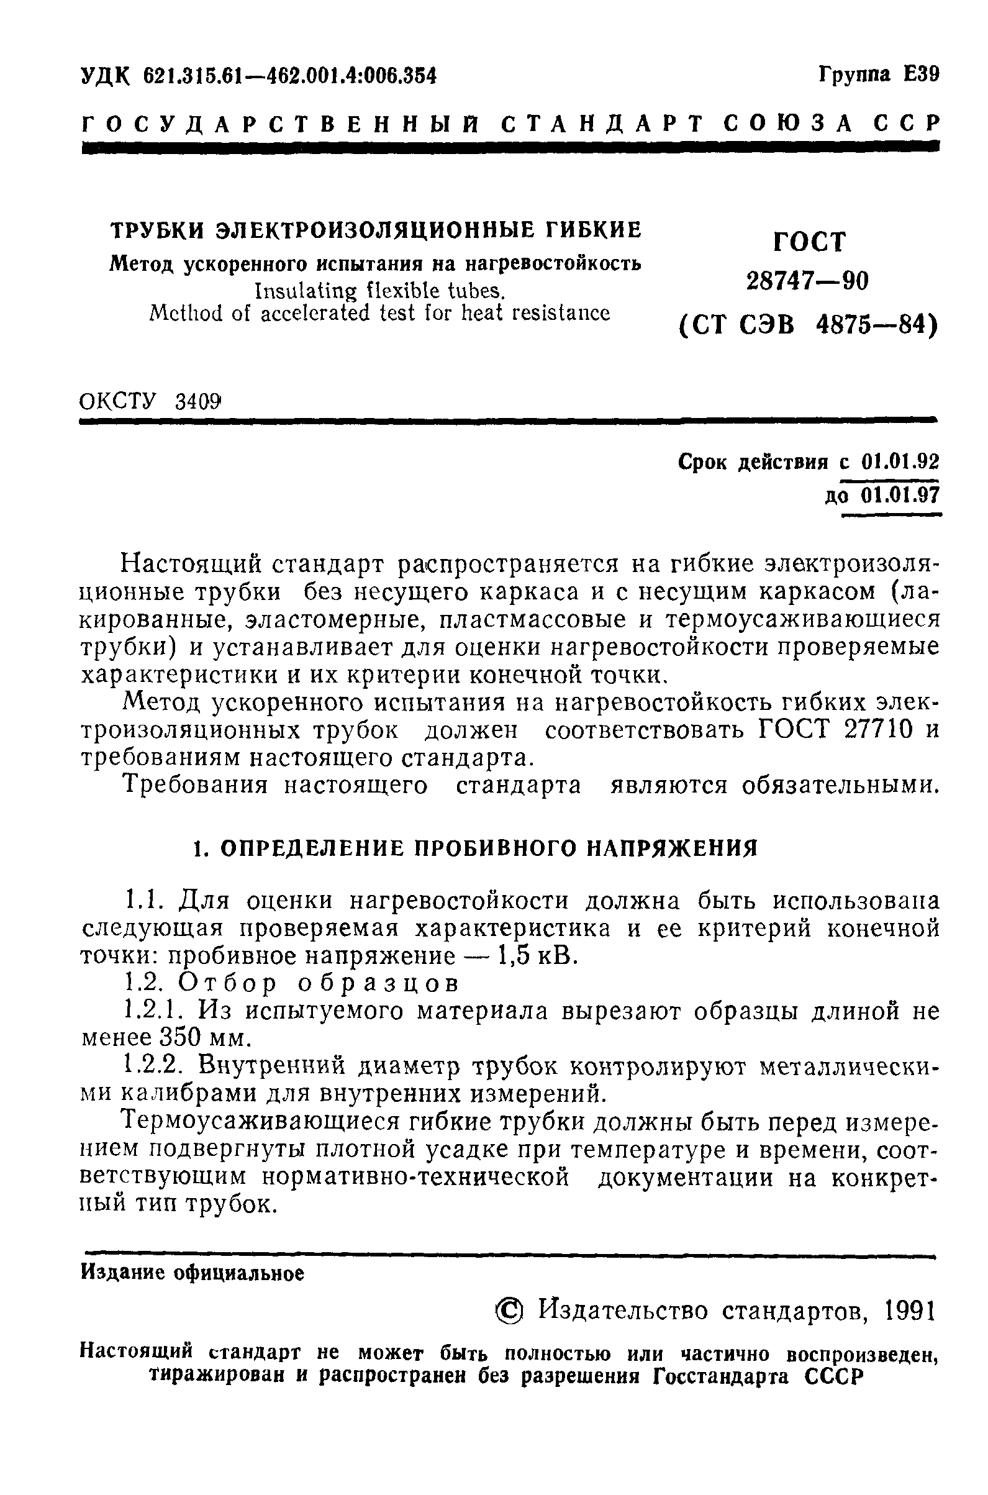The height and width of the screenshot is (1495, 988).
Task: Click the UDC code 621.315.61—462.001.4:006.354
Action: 290,76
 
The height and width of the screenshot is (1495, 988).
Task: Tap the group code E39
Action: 920,75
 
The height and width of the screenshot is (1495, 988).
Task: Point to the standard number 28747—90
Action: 807,281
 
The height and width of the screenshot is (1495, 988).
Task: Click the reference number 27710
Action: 877,730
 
